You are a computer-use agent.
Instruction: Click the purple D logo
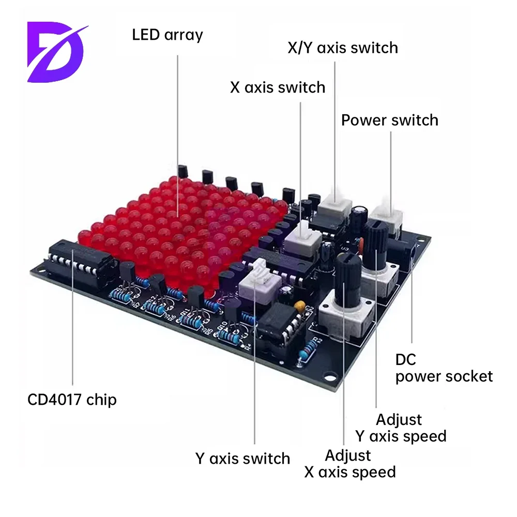click(x=57, y=51)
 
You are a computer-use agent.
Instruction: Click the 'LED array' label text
click(x=168, y=35)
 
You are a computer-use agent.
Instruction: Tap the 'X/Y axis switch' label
click(x=343, y=48)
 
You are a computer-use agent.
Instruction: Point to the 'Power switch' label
click(x=389, y=120)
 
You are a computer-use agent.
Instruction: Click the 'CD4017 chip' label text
click(x=72, y=399)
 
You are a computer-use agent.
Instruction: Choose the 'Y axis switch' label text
click(x=242, y=458)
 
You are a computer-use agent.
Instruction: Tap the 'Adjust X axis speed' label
click(x=350, y=463)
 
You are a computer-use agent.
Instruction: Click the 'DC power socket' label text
click(x=444, y=368)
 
